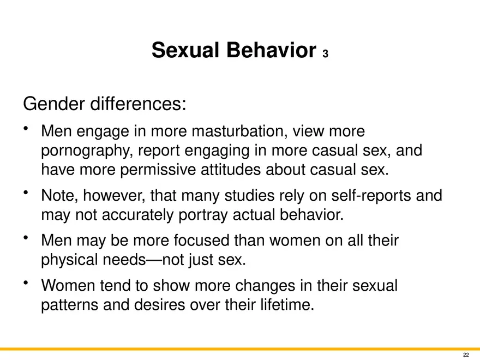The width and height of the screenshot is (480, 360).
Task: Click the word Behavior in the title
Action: click(x=271, y=50)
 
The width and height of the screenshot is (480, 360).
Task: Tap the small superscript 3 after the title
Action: click(x=325, y=54)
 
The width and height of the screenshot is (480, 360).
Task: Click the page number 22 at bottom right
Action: click(x=466, y=355)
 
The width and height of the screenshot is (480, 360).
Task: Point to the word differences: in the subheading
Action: click(x=138, y=104)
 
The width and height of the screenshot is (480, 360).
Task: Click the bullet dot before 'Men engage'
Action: click(x=26, y=128)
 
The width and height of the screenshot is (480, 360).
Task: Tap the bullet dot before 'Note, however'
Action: click(x=26, y=193)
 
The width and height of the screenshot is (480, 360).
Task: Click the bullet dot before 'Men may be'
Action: click(x=26, y=238)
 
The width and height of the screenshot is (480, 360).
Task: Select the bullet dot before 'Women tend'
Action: click(x=26, y=283)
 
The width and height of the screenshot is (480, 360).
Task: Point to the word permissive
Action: click(x=158, y=170)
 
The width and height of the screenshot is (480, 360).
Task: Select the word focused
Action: click(x=201, y=241)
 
